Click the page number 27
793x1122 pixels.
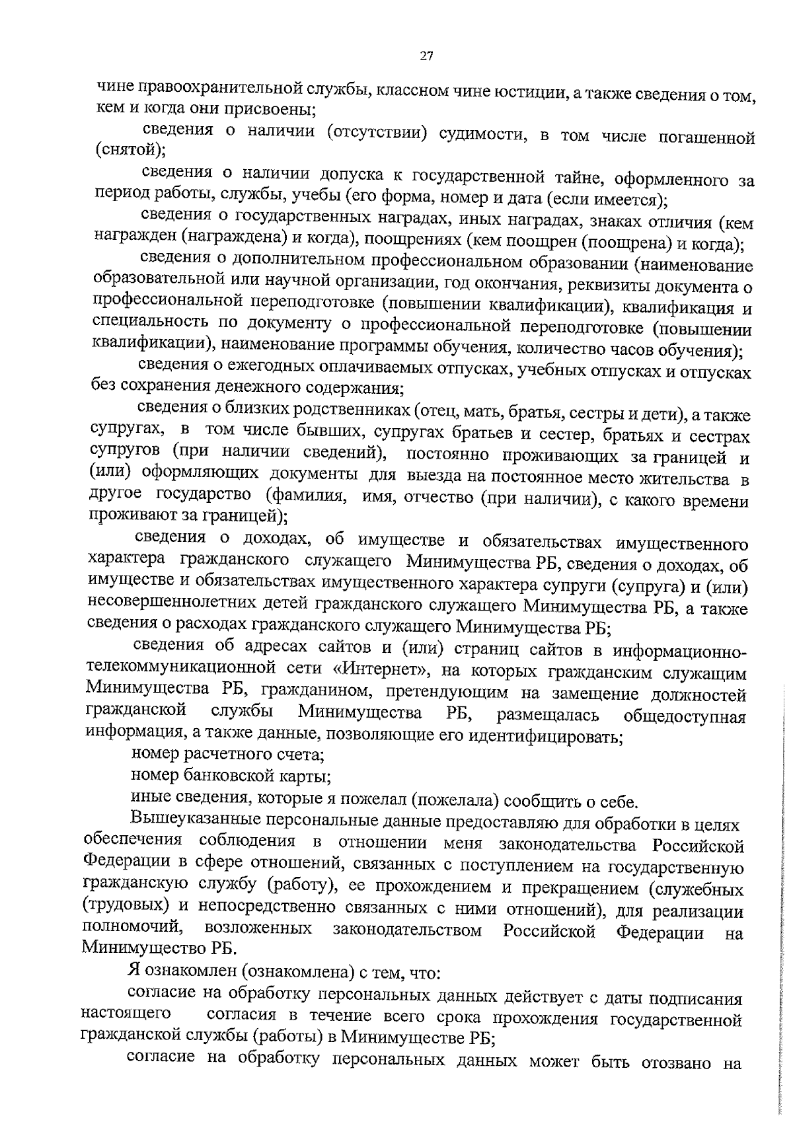tap(426, 57)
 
